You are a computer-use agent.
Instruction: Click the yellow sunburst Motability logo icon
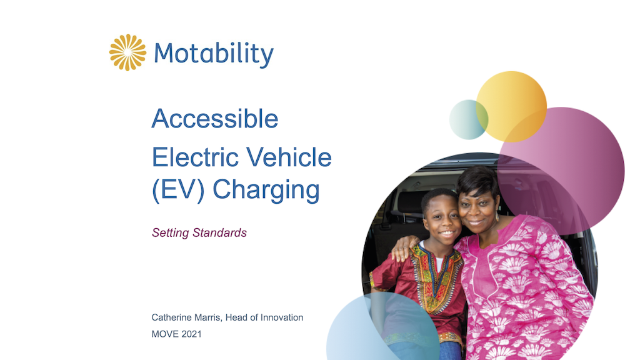(127, 52)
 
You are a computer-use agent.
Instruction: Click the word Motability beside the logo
(214, 54)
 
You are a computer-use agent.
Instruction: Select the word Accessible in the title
(215, 118)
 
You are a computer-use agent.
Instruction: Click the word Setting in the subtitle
(171, 233)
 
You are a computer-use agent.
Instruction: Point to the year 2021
(191, 334)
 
